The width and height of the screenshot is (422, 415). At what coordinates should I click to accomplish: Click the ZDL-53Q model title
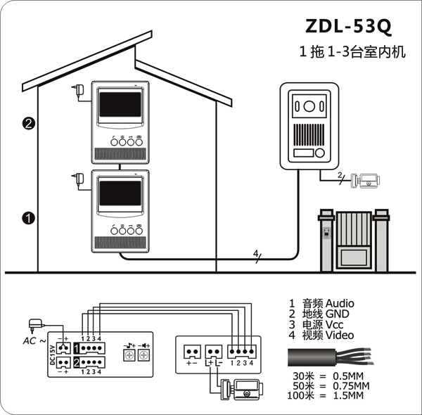click(x=348, y=26)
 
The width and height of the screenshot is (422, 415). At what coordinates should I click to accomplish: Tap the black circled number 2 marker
click(x=29, y=124)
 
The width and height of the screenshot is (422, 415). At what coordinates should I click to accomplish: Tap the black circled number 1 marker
click(x=29, y=218)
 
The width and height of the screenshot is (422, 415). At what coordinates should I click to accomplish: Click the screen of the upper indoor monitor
click(x=120, y=104)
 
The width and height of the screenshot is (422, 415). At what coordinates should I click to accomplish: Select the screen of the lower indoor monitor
click(x=120, y=193)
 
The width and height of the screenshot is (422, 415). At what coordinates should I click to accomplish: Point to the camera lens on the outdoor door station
click(x=309, y=106)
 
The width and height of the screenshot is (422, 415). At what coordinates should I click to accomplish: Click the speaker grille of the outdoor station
click(x=309, y=134)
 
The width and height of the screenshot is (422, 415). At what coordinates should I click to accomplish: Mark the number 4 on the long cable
click(x=255, y=253)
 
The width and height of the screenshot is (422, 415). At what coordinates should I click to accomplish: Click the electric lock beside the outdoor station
click(x=366, y=181)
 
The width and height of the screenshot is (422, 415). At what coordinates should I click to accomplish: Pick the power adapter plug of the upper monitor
click(x=78, y=90)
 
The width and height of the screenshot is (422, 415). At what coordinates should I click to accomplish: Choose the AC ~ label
click(x=34, y=341)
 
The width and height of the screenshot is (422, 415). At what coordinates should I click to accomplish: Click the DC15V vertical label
click(x=53, y=355)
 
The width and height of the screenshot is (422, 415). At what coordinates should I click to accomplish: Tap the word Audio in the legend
click(x=340, y=304)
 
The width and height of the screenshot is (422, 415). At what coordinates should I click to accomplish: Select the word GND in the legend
click(x=337, y=314)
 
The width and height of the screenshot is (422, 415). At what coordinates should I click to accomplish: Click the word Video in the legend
click(x=340, y=336)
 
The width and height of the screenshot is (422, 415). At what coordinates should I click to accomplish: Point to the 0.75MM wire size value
click(x=351, y=386)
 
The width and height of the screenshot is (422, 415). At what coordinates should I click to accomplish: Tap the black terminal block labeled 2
click(x=89, y=362)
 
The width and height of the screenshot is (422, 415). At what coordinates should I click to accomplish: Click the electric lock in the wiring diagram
click(x=241, y=390)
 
